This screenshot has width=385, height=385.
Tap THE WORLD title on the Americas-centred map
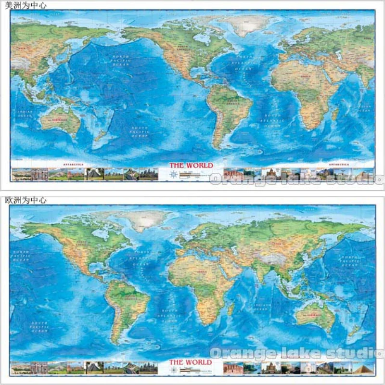[191, 166]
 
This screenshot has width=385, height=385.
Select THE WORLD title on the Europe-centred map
[191, 362]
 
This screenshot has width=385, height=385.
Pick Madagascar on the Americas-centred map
[335, 114]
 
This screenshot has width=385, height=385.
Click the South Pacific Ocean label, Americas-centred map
[141, 133]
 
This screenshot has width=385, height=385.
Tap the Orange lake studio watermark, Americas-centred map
[296, 179]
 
